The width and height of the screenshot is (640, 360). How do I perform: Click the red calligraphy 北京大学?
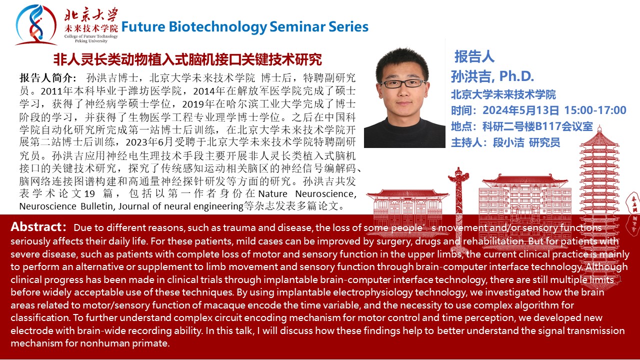[x=91, y=15]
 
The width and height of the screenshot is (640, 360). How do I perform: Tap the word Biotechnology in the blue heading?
[x=217, y=27]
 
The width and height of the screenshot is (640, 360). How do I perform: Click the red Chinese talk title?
[x=187, y=59]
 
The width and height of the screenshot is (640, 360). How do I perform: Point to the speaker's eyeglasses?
[x=402, y=83]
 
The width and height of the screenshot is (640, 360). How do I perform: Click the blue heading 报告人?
[x=474, y=56]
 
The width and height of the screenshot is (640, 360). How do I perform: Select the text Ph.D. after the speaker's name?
[x=516, y=76]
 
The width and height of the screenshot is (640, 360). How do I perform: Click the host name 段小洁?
[x=508, y=142]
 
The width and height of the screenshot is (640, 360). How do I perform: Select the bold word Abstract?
[x=36, y=227]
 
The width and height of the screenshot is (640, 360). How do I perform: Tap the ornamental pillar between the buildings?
[x=458, y=205]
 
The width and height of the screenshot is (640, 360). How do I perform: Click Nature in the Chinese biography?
[x=272, y=193]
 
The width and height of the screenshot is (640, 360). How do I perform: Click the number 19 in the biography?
[x=89, y=193]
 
